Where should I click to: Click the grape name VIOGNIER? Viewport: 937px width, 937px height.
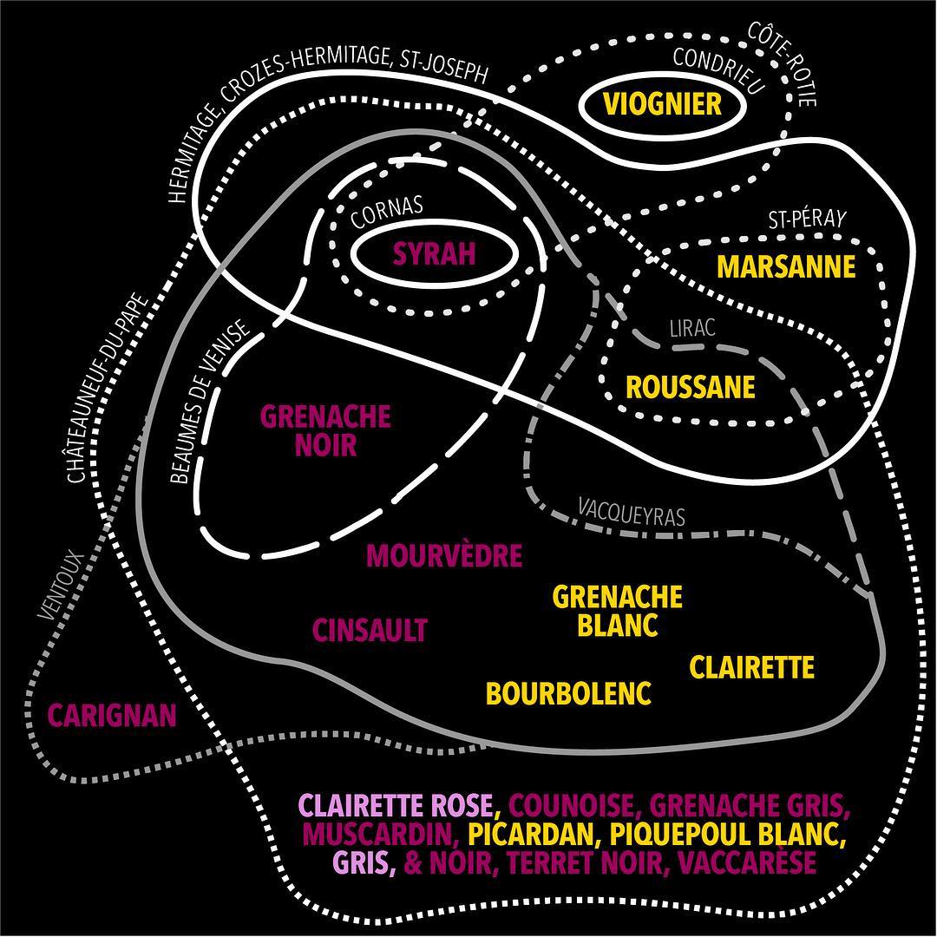point(663,104)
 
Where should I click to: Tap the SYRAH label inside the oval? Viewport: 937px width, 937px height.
point(435,253)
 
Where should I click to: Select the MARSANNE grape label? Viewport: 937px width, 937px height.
point(786,266)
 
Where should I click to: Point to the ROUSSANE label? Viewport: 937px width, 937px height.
point(691,386)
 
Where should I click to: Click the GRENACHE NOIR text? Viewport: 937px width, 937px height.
point(325,430)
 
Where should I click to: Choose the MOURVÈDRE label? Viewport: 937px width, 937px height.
point(444,555)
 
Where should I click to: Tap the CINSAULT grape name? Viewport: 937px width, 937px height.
point(370,630)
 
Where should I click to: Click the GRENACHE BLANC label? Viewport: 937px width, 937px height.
point(618,611)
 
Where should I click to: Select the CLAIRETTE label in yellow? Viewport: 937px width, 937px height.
point(752,667)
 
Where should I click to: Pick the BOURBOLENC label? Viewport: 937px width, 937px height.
point(568,693)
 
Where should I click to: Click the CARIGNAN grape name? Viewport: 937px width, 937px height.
point(112,716)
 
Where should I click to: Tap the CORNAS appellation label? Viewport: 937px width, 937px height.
point(387,212)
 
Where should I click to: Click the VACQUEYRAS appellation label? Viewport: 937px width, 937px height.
point(631,511)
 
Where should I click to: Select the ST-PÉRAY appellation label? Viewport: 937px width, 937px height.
point(806,220)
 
